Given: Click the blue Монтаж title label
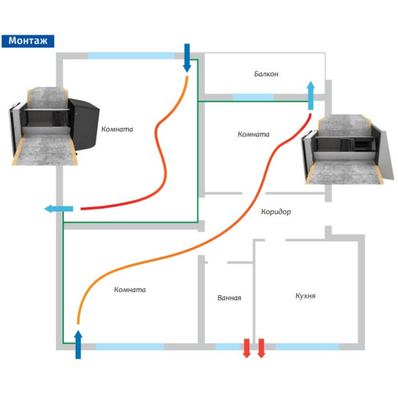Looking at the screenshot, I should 28,40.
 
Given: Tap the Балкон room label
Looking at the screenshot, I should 266,74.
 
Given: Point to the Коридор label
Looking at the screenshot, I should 276,212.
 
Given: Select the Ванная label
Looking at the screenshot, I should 229,298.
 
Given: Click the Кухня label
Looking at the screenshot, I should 305,295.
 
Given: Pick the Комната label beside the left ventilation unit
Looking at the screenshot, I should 117,129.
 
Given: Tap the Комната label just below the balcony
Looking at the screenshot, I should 253,134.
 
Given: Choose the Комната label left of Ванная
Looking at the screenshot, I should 129,290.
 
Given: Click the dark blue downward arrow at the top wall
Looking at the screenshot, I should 187,58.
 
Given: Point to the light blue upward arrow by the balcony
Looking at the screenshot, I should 310,96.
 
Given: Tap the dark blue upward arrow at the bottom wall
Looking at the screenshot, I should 78,343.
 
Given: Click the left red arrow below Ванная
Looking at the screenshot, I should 247,348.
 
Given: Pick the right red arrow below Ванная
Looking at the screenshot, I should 261,348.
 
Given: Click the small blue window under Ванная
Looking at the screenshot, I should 228,346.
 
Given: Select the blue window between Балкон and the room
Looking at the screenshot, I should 253,97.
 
